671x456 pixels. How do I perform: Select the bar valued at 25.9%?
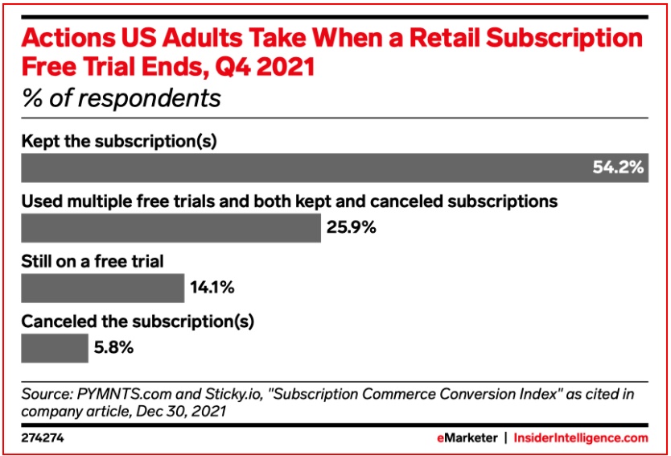(x=171, y=228)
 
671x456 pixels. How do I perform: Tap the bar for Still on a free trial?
(x=102, y=288)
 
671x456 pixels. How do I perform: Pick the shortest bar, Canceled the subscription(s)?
(x=55, y=348)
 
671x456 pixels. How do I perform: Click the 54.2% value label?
(x=618, y=168)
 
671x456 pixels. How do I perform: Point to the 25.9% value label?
(x=352, y=228)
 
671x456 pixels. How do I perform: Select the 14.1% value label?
(x=212, y=288)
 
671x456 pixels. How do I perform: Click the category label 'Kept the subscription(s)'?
(x=120, y=142)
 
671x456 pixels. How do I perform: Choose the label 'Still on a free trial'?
(x=93, y=261)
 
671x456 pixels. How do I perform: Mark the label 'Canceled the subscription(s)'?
(x=138, y=321)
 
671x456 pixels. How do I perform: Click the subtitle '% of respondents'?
(x=121, y=99)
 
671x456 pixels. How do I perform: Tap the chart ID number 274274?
(x=42, y=438)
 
